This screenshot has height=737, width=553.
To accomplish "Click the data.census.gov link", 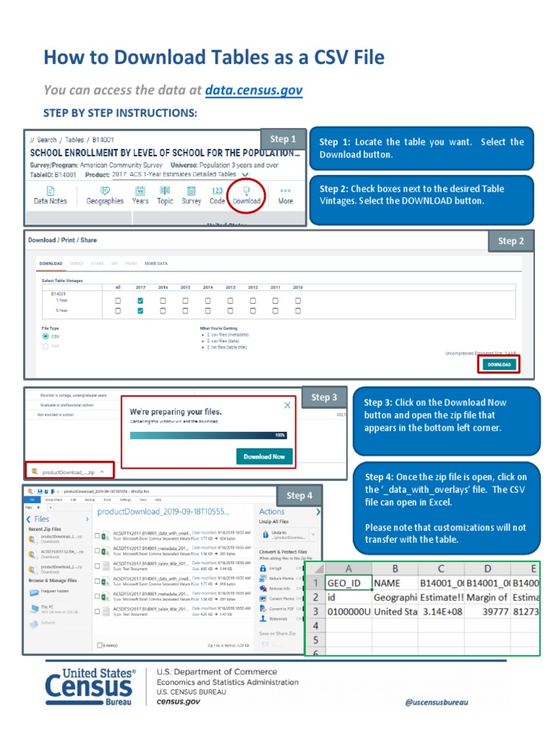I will pos(253,91).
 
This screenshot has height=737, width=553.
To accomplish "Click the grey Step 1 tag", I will pos(283,140).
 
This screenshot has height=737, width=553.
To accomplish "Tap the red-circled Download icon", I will pos(246,194).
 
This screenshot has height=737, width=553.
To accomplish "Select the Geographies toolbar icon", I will pos(105,195).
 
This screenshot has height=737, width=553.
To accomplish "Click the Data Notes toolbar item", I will pos(50,195).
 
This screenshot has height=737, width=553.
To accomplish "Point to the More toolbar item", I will pos(286,195).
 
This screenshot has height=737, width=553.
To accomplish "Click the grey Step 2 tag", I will pos(511,241).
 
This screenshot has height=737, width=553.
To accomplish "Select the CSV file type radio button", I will pos(46,336).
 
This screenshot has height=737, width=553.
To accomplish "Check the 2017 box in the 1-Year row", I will pos(140,300).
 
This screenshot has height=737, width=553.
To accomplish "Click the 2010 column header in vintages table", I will pos(298,287).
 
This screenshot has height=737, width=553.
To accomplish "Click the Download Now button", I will pos(264,456).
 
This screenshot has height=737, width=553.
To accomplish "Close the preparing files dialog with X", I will pos(288,405).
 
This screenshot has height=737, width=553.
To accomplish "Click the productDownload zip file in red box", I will pos(69,472).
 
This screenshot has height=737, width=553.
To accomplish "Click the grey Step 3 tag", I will pos(324,397).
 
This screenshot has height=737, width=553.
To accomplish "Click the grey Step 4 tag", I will pos(300,495).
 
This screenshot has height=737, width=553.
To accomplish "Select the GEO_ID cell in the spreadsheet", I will pos(349,582).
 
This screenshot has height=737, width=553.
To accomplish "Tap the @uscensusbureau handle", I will pos(436,702).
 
